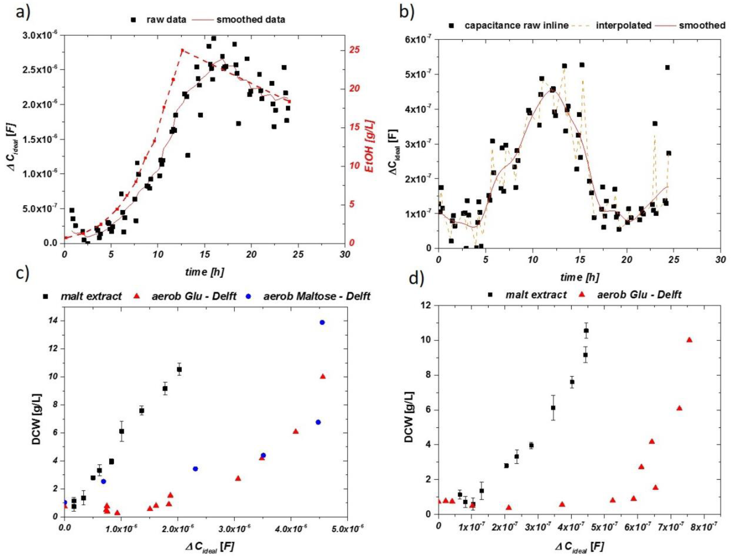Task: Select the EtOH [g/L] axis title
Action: pos(370,146)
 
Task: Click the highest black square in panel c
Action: pos(179,369)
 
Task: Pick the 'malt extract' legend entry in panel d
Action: pos(535,295)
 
